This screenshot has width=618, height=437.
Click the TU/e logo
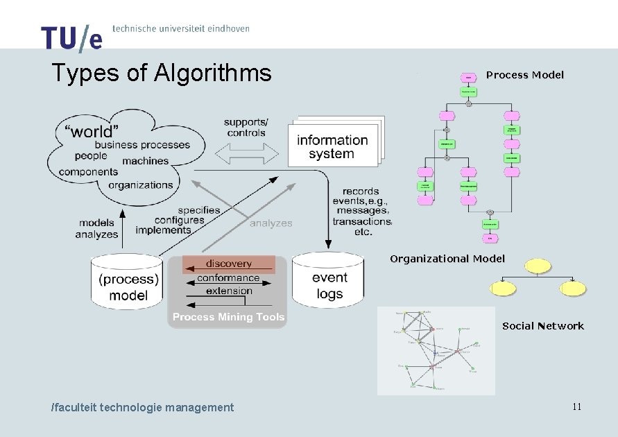click(x=71, y=38)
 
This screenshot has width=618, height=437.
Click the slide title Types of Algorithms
click(x=162, y=72)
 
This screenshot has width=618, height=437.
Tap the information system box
click(x=332, y=147)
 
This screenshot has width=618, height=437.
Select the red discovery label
click(x=228, y=264)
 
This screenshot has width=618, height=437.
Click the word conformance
click(x=228, y=278)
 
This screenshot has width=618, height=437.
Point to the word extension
click(x=229, y=291)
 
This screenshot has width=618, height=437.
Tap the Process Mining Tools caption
click(x=228, y=317)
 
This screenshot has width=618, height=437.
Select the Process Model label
click(x=525, y=75)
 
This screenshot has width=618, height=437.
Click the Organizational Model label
click(x=447, y=259)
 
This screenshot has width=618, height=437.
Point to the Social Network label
click(x=543, y=326)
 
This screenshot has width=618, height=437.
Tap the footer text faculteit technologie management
click(x=143, y=407)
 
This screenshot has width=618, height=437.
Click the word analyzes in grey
click(x=271, y=223)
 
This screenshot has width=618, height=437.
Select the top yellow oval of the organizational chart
click(x=538, y=266)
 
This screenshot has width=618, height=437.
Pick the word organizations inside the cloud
click(x=141, y=185)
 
